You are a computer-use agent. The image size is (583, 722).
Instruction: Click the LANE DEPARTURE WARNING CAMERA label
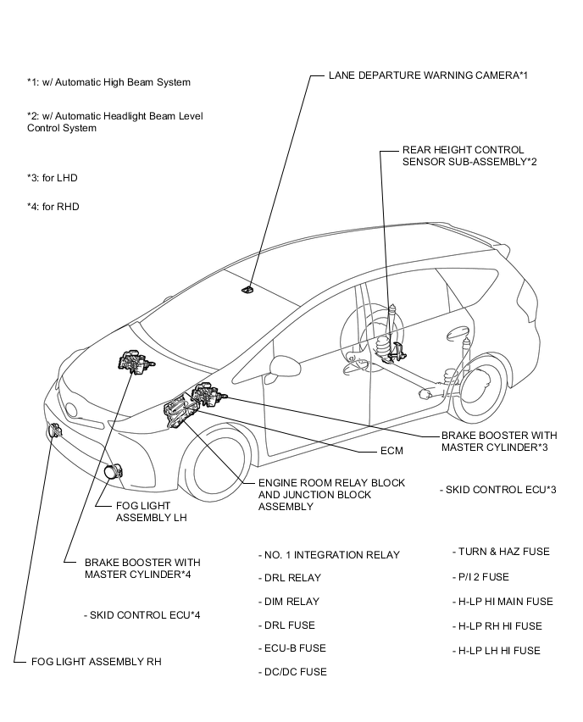tap(428, 75)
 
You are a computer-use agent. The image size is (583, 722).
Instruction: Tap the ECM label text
tap(391, 451)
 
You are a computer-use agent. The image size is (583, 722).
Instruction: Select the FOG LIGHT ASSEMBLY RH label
tap(96, 661)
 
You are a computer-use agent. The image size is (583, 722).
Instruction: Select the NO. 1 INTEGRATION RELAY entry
tap(329, 555)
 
